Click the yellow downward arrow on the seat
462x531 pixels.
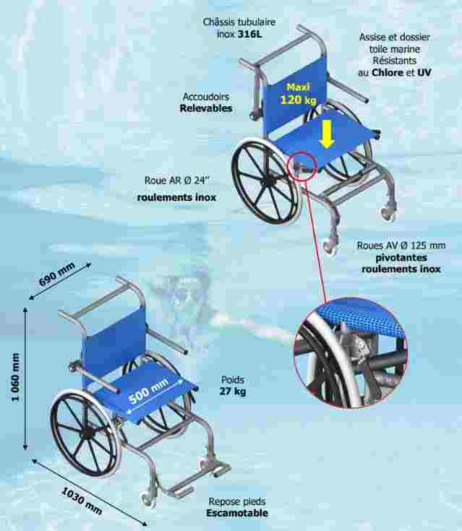pos(327,135)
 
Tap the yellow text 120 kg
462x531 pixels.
pos(299,100)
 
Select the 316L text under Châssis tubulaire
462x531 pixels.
pos(250,34)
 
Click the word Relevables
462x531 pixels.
pos(206,108)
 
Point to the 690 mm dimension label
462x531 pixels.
pos(56,275)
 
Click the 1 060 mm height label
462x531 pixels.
pos(16,377)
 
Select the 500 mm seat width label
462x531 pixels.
pos(148,392)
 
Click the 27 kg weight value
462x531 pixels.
pos(233,392)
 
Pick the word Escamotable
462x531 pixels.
pos(237,513)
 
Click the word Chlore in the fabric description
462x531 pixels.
pos(388,73)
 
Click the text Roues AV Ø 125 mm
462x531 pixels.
pos(401,246)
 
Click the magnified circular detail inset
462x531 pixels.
pos(351,353)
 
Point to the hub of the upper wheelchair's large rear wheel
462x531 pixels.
pos(270,182)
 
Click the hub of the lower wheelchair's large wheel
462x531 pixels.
pos(87,433)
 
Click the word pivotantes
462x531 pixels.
pos(401,258)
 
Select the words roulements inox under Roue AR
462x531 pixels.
pos(176,197)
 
